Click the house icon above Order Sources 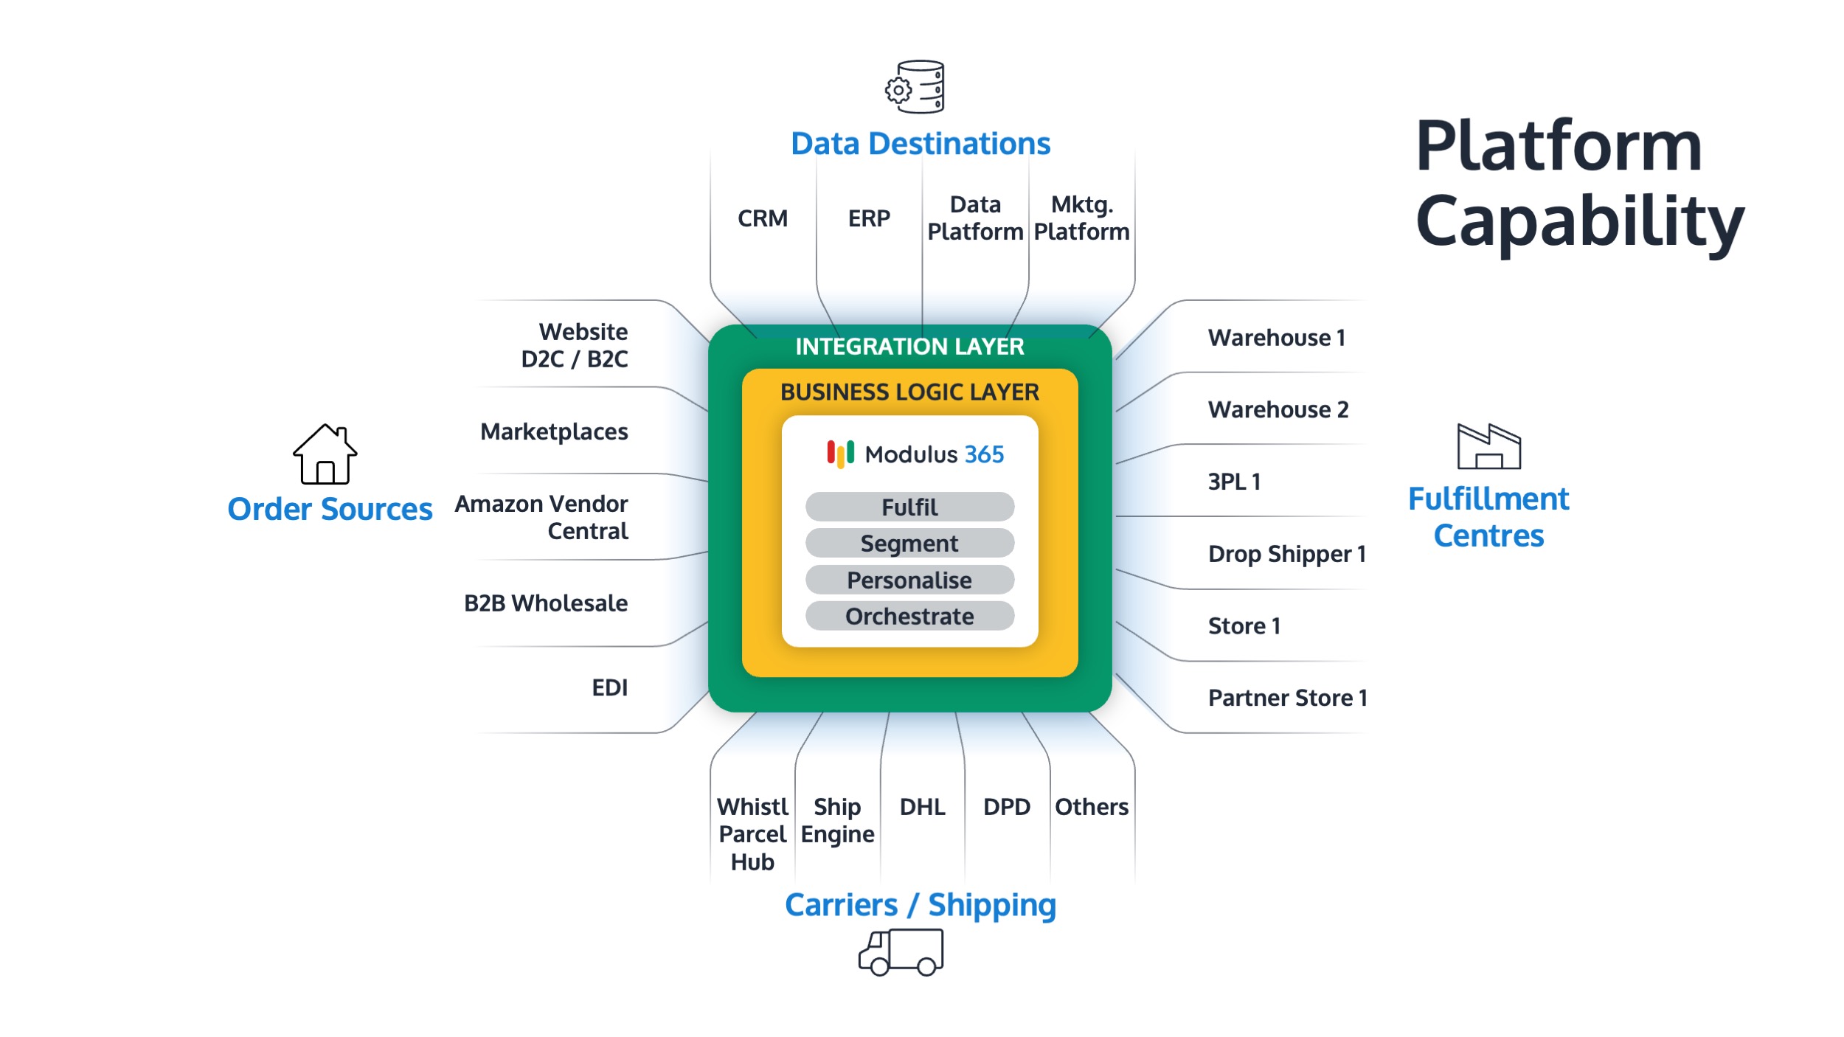click(325, 454)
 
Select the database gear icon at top click(915, 87)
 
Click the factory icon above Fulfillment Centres click(1488, 446)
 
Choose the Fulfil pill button click(909, 507)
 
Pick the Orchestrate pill click(909, 616)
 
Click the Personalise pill click(909, 580)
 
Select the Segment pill click(909, 544)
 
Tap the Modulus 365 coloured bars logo click(840, 454)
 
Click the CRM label click(763, 218)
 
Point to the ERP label click(869, 218)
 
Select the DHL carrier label click(922, 807)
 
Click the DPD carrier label click(1007, 807)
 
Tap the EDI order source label click(609, 687)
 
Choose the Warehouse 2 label click(1278, 409)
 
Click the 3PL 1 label click(1234, 482)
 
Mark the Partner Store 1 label click(1287, 698)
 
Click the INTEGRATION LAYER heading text click(909, 347)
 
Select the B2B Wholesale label click(546, 603)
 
